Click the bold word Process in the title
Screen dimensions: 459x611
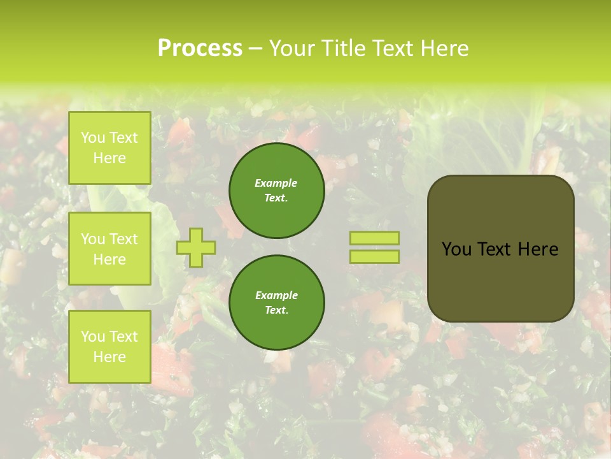[x=200, y=48]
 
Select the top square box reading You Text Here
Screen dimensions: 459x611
[x=109, y=148]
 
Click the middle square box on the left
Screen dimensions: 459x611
[x=109, y=249]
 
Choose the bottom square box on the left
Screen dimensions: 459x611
[x=109, y=347]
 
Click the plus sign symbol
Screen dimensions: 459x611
[x=196, y=247]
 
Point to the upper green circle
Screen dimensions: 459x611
[x=276, y=191]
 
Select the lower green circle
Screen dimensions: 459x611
[x=276, y=303]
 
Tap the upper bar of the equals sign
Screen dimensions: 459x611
[x=374, y=238]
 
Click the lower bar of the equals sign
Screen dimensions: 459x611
[x=374, y=257]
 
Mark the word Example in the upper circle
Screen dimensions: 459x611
[x=276, y=183]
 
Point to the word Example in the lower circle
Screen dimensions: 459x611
[x=276, y=295]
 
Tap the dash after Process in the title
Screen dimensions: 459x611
[x=255, y=48]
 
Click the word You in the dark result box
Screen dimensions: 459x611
[x=456, y=249]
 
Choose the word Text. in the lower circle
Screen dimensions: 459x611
[x=276, y=310]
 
